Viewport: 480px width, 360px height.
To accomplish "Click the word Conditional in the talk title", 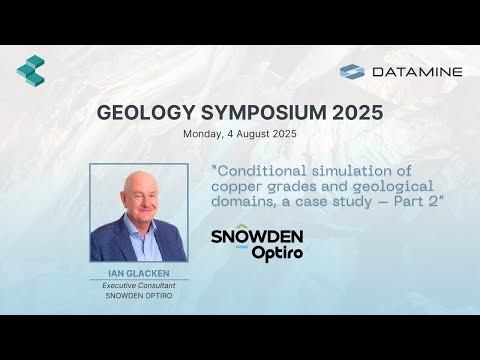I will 262,169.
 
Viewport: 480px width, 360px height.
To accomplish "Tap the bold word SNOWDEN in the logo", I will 257,237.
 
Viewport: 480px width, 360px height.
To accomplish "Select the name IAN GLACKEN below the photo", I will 139,272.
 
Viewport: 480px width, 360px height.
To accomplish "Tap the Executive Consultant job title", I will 139,285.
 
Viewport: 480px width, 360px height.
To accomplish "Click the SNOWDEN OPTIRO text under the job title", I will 139,297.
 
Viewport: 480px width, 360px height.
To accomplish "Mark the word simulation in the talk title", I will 349,169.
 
